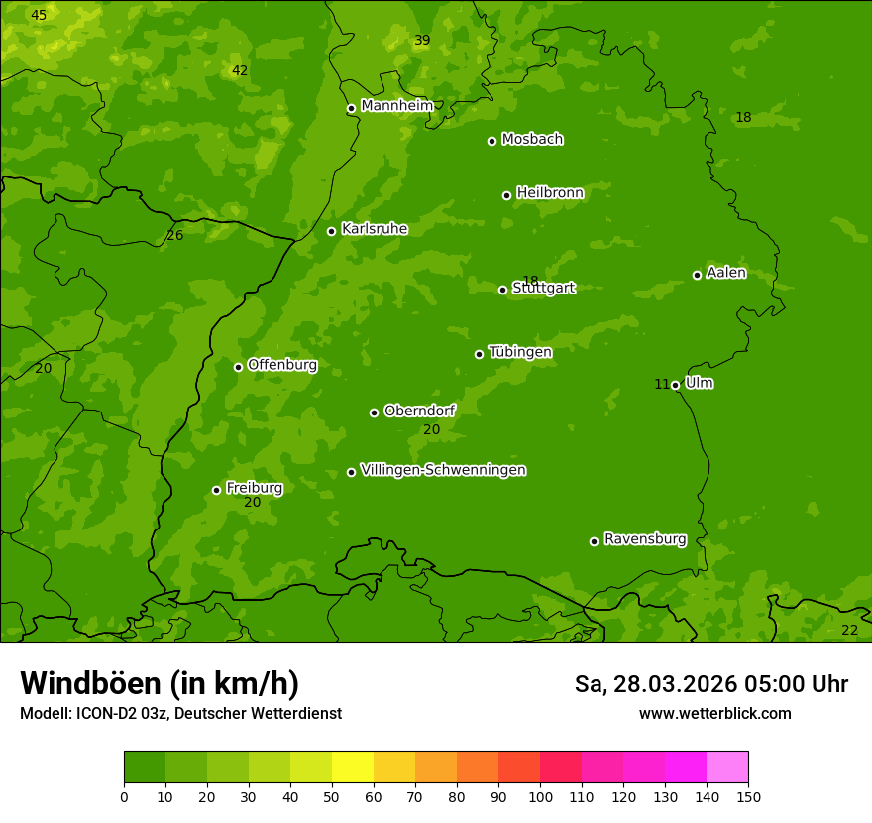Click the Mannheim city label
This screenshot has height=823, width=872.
[396, 106]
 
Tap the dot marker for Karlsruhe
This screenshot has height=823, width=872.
[332, 231]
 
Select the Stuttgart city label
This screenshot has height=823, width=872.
[543, 289]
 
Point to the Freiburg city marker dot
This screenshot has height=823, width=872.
[216, 490]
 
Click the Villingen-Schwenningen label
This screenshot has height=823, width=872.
[443, 470]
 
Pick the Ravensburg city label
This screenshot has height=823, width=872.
[645, 539]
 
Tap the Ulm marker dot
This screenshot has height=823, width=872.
[676, 385]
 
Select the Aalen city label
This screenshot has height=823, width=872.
[726, 273]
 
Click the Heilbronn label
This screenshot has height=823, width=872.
[550, 193]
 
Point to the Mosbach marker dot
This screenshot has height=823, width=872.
[491, 141]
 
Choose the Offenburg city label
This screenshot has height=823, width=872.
[282, 365]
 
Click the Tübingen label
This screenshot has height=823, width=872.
[520, 352]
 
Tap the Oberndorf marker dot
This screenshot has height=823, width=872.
[374, 412]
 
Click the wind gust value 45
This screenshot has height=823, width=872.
[38, 15]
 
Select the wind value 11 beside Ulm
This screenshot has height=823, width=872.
[662, 385]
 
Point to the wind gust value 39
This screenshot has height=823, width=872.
[422, 41]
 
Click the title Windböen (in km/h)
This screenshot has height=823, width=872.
[160, 683]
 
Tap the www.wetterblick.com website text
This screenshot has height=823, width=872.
[714, 713]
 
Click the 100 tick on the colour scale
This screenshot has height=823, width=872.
[540, 796]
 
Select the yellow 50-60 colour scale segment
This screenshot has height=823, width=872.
[353, 767]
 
